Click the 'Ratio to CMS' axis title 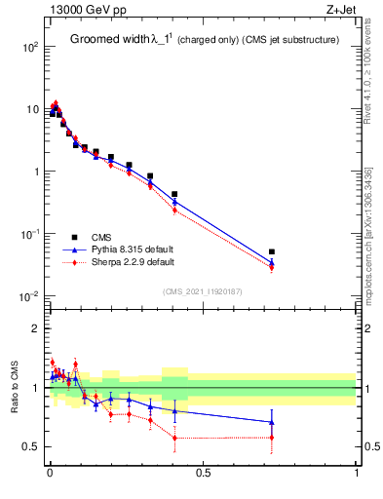(x=16, y=386)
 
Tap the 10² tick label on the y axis (x=29, y=47)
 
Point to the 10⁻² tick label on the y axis (x=29, y=296)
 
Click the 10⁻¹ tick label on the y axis (x=29, y=234)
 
